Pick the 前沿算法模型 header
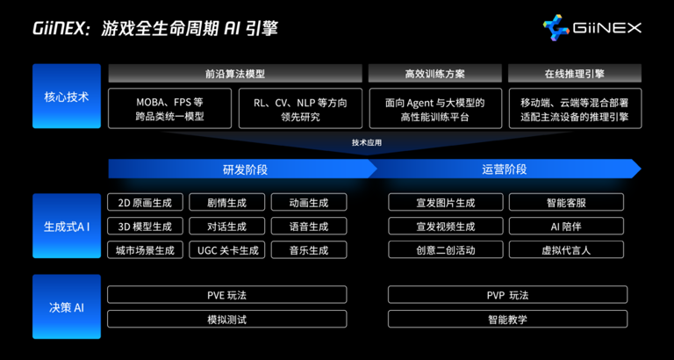[234, 74]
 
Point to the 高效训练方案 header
[435, 74]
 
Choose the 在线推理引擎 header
[574, 74]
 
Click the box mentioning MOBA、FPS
[169, 109]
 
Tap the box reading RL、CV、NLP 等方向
[299, 109]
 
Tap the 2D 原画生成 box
[145, 202]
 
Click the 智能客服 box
[566, 202]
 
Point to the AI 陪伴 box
[566, 226]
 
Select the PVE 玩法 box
[226, 295]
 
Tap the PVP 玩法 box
[506, 295]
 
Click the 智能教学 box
[506, 319]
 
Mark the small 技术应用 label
[367, 141]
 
